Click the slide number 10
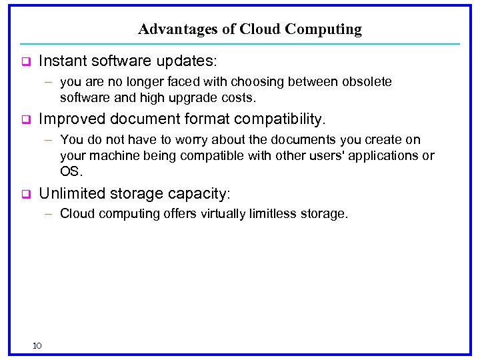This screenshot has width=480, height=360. click(37, 345)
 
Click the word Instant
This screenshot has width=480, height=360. click(62, 61)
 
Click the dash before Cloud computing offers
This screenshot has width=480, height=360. click(49, 214)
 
